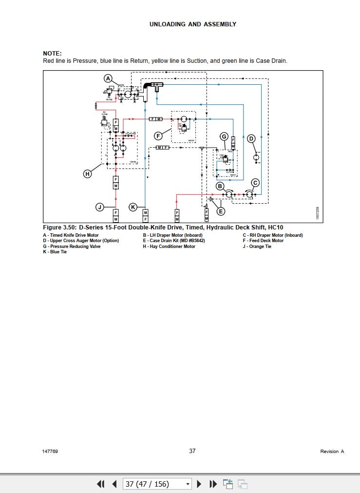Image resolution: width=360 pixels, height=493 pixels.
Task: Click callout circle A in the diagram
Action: (108, 78)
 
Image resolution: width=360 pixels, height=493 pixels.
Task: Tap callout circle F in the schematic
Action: (158, 135)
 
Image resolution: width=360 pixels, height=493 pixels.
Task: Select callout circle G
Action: (224, 136)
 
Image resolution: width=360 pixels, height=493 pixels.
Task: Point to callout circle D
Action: (251, 139)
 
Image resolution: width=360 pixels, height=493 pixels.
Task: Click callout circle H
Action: (88, 173)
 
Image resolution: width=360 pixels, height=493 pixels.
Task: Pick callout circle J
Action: (100, 207)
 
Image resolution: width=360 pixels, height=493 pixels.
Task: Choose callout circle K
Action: (133, 207)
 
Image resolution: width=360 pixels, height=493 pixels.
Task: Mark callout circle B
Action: (220, 186)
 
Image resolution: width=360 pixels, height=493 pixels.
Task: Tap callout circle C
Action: (255, 183)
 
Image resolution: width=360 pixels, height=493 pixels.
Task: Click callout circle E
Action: (221, 211)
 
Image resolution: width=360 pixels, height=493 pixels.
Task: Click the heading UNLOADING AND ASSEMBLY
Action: (192, 24)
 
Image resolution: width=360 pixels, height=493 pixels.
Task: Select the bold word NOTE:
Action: (52, 54)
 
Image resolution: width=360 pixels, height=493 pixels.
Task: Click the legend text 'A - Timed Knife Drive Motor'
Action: (71, 235)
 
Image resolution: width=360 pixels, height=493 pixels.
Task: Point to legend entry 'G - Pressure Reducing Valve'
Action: (71, 246)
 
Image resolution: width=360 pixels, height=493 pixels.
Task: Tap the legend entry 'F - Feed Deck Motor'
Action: (263, 241)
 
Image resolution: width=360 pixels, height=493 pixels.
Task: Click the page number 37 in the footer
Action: (192, 451)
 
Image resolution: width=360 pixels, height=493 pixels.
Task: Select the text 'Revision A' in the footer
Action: (332, 452)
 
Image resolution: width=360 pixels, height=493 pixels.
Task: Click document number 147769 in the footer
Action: (50, 452)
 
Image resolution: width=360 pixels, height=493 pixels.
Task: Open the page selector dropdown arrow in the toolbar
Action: (188, 484)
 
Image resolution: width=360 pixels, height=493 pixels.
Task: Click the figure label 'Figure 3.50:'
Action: (59, 228)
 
